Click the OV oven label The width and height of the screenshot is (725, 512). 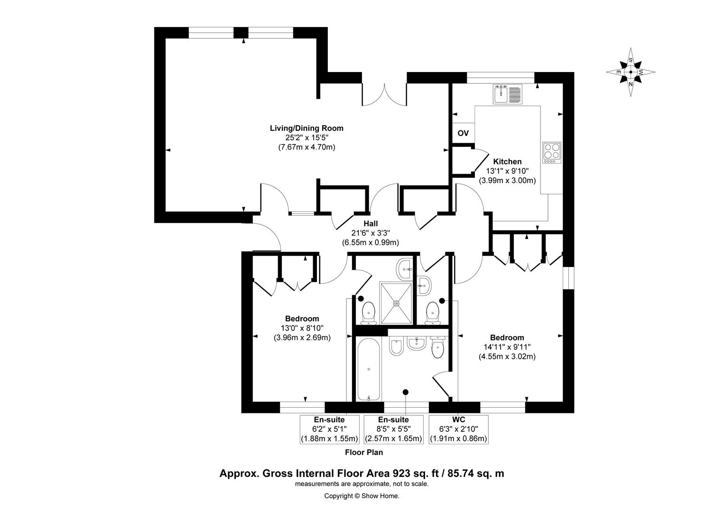tap(463, 133)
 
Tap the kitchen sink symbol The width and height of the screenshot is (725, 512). tap(507, 94)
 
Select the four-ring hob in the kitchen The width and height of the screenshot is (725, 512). tap(552, 153)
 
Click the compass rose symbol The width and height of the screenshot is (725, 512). tap(631, 72)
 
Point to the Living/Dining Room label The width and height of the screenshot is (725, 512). tap(307, 128)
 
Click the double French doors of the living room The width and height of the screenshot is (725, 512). tap(384, 95)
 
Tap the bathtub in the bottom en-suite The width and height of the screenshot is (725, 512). tap(368, 369)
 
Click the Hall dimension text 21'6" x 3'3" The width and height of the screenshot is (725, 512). tap(370, 233)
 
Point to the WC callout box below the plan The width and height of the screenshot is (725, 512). tap(458, 430)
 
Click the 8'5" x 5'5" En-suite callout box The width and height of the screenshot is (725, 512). tap(393, 430)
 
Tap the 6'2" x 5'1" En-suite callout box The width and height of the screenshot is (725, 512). tap(329, 430)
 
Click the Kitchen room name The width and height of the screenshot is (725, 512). tap(507, 162)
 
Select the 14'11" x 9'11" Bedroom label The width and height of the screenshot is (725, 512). tap(507, 347)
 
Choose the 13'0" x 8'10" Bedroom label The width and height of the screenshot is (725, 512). tap(302, 328)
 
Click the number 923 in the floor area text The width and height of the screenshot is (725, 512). tap(401, 473)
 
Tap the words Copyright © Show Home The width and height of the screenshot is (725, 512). tap(362, 496)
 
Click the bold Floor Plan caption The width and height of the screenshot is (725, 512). tap(363, 452)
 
